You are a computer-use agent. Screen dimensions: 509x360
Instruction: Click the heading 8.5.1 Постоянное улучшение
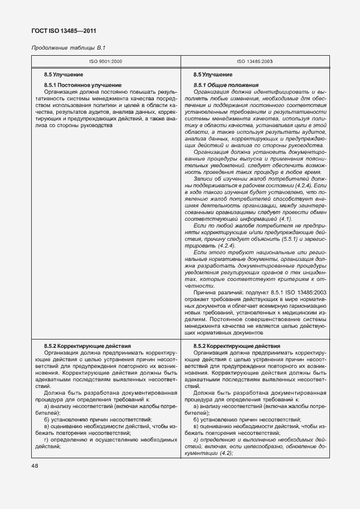coord(74,85)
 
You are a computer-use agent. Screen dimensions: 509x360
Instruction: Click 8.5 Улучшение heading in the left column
coord(64,74)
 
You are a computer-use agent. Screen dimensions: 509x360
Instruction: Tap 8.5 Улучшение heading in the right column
coord(213,74)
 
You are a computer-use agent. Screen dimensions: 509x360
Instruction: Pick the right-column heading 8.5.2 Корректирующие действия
coord(229,346)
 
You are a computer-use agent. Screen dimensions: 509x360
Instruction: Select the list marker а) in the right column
coord(196,407)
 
